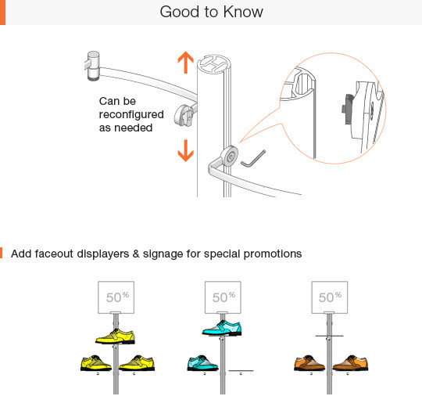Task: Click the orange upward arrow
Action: pyautogui.click(x=186, y=63)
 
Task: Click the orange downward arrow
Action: pyautogui.click(x=186, y=150)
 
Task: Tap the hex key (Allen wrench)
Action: pyautogui.click(x=253, y=159)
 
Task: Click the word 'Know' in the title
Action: pyautogui.click(x=243, y=12)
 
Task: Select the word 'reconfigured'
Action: pyautogui.click(x=131, y=115)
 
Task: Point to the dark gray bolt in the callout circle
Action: pyautogui.click(x=349, y=109)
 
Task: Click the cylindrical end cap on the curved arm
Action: pyautogui.click(x=93, y=66)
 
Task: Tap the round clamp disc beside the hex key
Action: pyautogui.click(x=230, y=156)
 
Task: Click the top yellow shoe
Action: pyautogui.click(x=115, y=336)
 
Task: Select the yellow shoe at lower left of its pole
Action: pyautogui.click(x=96, y=363)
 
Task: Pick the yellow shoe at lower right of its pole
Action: pyautogui.click(x=137, y=363)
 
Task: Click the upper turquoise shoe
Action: pyautogui.click(x=222, y=328)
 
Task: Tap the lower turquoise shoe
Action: pyautogui.click(x=202, y=363)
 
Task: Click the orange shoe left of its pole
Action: pyautogui.click(x=309, y=363)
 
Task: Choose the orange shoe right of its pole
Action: pyautogui.click(x=351, y=363)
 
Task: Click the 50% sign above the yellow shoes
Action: pyautogui.click(x=116, y=297)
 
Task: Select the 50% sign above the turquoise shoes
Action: pyautogui.click(x=223, y=297)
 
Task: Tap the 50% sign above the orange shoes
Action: pyautogui.click(x=330, y=297)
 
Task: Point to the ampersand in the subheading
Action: pyautogui.click(x=136, y=254)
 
